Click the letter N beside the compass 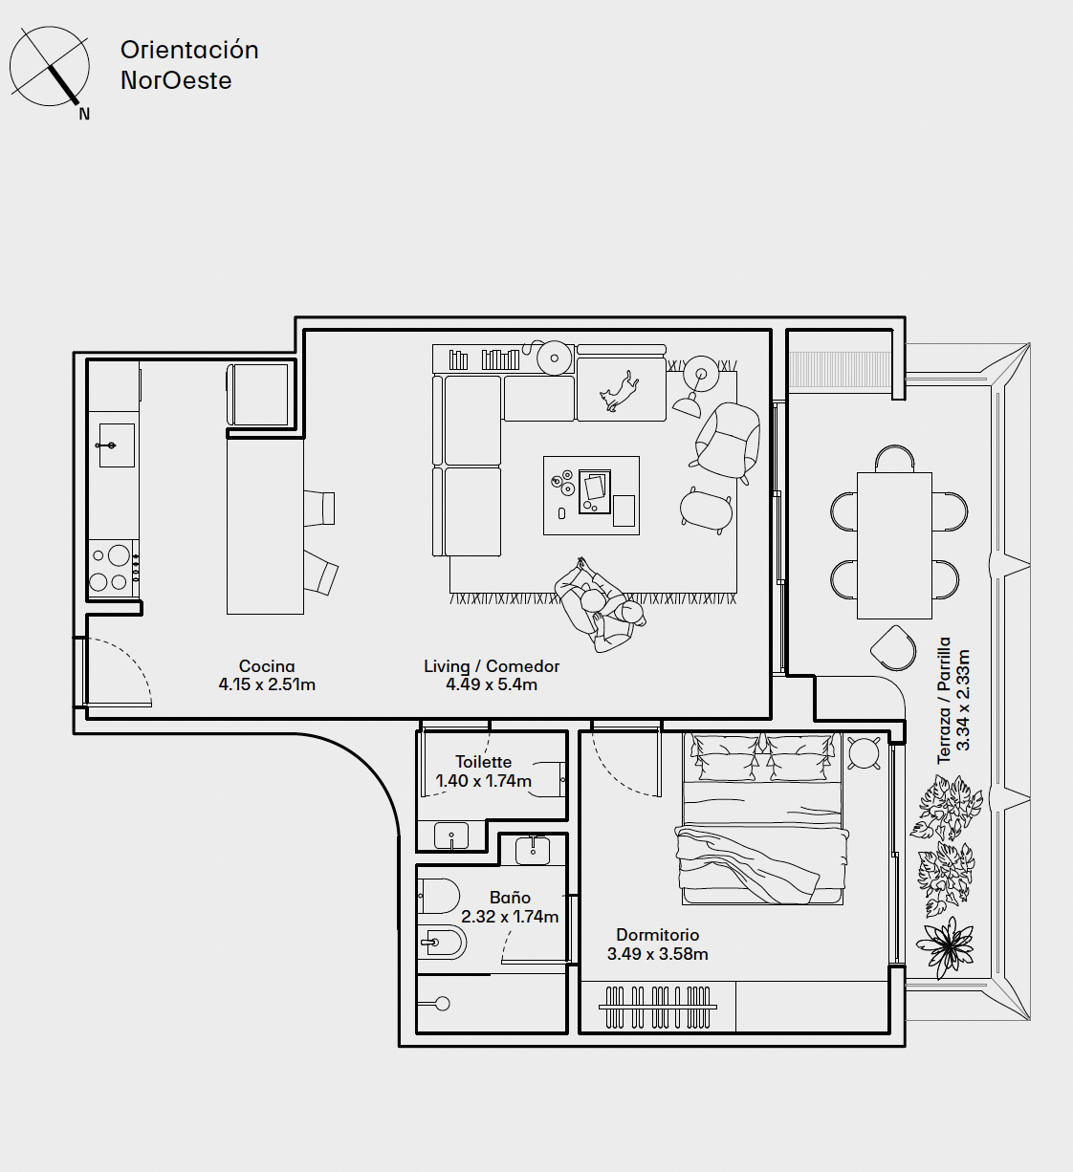[x=84, y=114]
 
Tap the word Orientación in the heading [x=189, y=50]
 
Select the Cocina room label [x=267, y=666]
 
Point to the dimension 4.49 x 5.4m [x=492, y=684]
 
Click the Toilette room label [x=484, y=762]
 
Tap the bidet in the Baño [x=442, y=942]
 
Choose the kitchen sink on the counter [x=117, y=445]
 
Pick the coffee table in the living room [x=591, y=495]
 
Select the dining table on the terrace [x=894, y=546]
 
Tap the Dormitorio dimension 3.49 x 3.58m [x=657, y=954]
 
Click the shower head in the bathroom [x=443, y=1004]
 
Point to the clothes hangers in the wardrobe [x=658, y=1007]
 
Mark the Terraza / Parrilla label [x=944, y=701]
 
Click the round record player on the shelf [x=554, y=358]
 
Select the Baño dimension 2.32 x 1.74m [x=510, y=917]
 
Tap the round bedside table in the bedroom [x=865, y=753]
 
